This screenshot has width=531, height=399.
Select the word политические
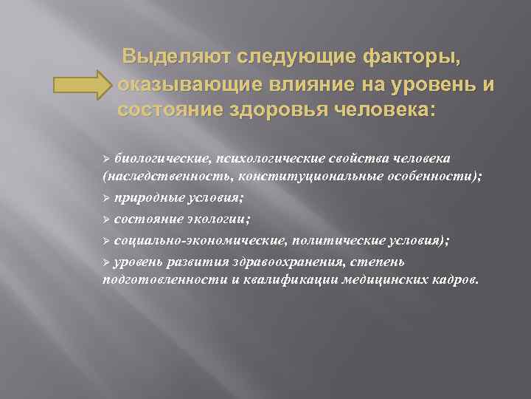click(333, 241)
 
